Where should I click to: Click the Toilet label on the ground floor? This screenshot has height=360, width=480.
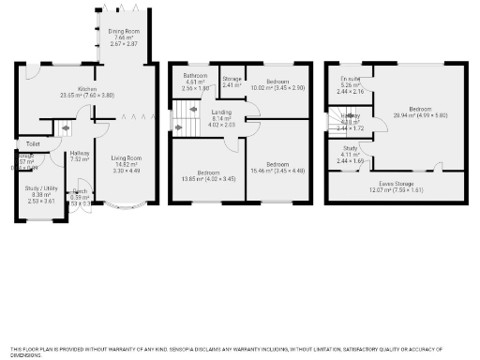tap(33, 143)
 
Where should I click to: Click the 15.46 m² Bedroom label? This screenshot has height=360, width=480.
tap(278, 164)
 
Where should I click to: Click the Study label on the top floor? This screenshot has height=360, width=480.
tap(350, 148)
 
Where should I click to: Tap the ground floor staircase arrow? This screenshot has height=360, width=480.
tap(66, 128)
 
